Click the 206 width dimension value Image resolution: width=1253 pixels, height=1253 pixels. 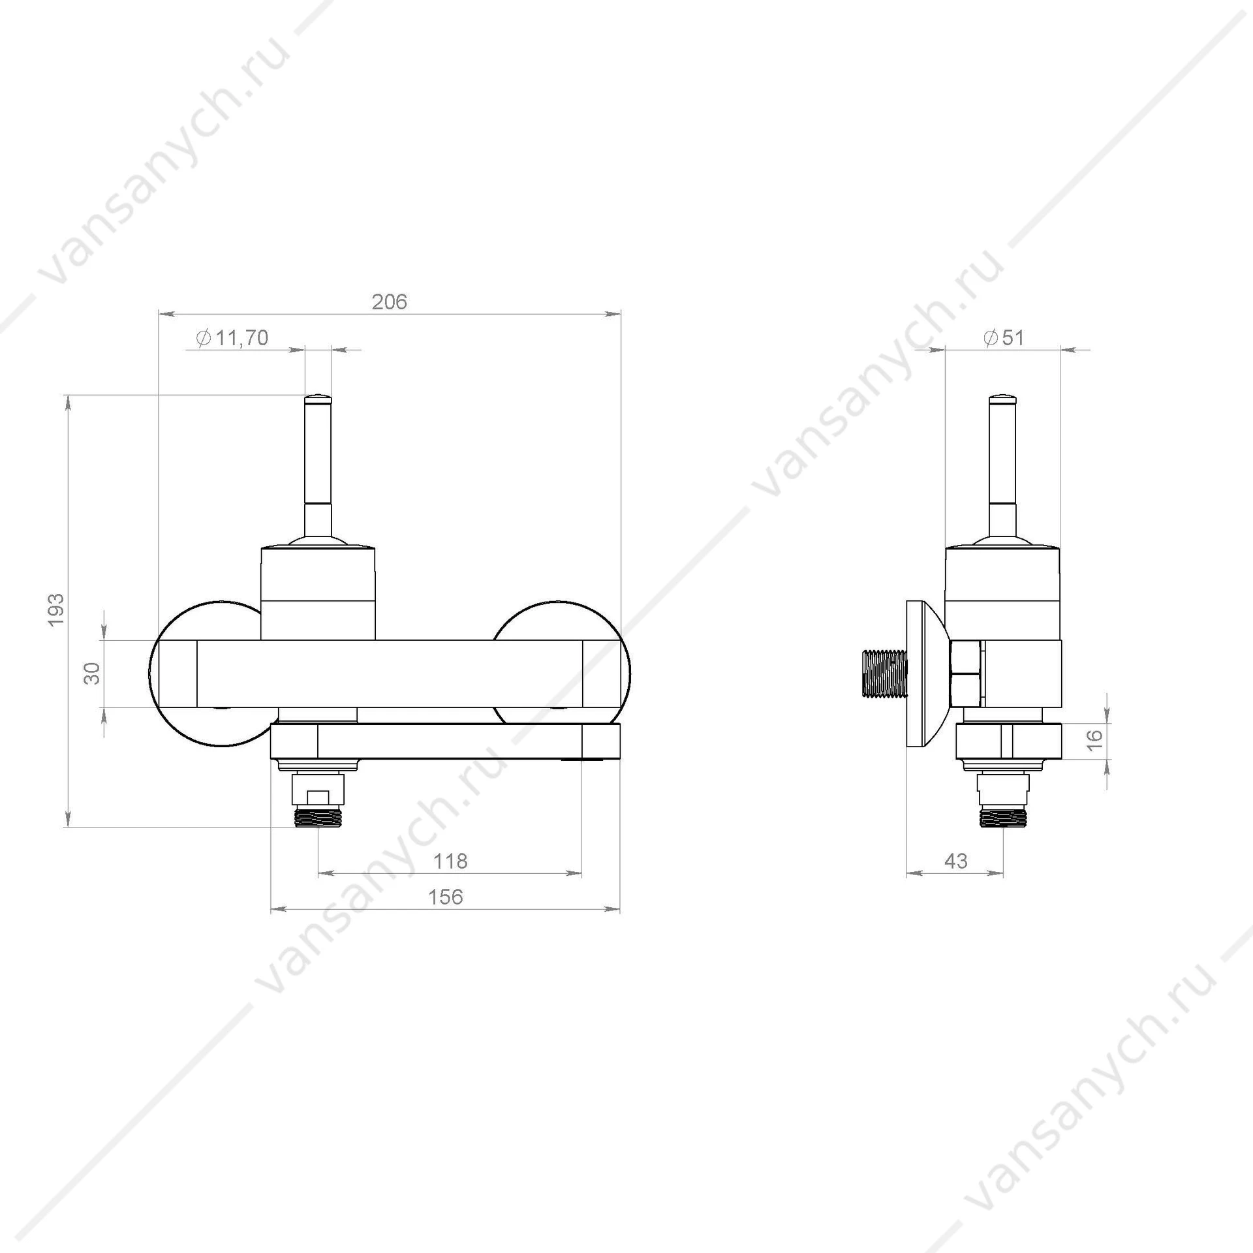(x=390, y=302)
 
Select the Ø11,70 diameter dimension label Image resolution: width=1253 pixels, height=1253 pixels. (x=232, y=338)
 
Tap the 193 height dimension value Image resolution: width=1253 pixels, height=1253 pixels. (x=57, y=610)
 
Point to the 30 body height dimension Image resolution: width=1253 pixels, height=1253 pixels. (x=93, y=673)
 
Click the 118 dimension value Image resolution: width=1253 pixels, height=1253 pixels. (x=450, y=861)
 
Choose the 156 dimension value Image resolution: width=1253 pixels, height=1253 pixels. (x=446, y=897)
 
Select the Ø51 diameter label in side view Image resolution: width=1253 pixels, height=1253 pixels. (x=1004, y=338)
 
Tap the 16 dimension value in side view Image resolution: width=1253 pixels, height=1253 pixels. (x=1096, y=739)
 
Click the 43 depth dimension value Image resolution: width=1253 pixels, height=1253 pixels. (x=956, y=861)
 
